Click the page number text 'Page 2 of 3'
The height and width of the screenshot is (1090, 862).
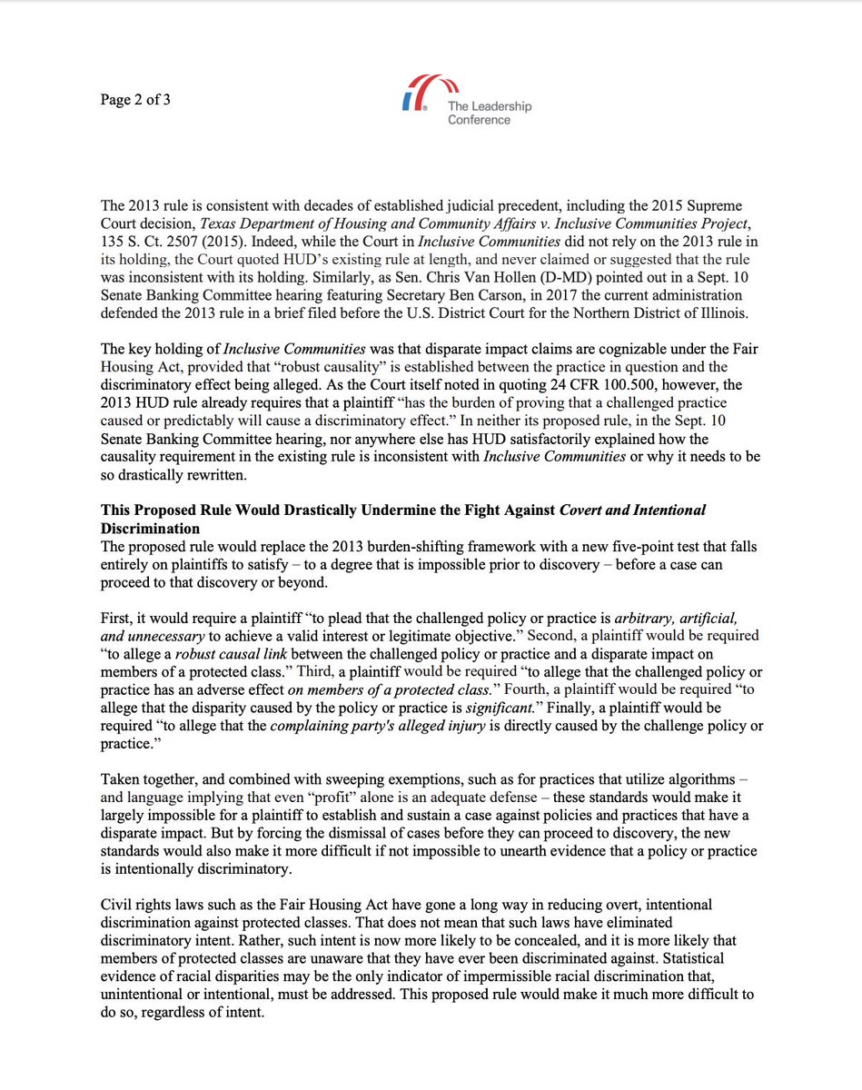coord(134,100)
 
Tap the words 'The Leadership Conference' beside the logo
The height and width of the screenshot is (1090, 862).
coord(489,113)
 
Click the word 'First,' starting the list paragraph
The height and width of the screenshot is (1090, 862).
coord(117,618)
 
